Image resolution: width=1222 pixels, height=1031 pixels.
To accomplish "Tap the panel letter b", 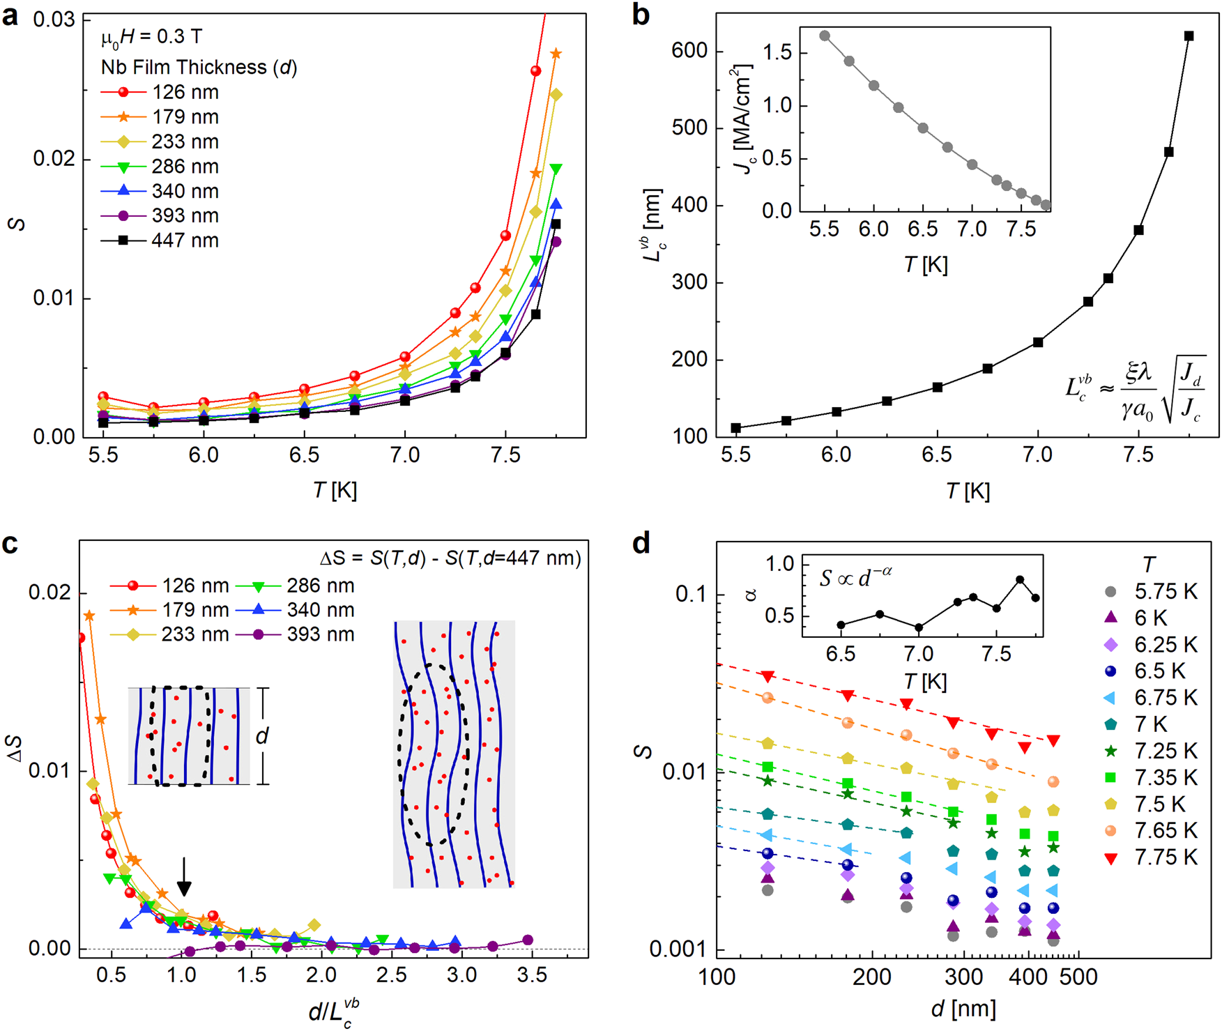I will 641,15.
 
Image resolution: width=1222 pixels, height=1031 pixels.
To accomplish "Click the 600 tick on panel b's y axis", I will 689,51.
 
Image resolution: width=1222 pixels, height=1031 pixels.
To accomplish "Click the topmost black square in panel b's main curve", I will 1189,36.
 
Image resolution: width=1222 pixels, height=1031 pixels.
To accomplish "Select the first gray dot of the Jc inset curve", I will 825,36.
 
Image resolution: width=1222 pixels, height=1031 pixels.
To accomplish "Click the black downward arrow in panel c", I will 184,876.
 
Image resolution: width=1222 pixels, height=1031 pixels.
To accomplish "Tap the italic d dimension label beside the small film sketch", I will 262,735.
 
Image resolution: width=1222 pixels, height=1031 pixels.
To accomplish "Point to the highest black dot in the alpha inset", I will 1020,580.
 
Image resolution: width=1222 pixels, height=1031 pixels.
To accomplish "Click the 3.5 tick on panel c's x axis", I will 532,975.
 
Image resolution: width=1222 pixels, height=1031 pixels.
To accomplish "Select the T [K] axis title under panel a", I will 335,491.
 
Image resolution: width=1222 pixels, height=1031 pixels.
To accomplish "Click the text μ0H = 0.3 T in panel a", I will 151,38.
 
